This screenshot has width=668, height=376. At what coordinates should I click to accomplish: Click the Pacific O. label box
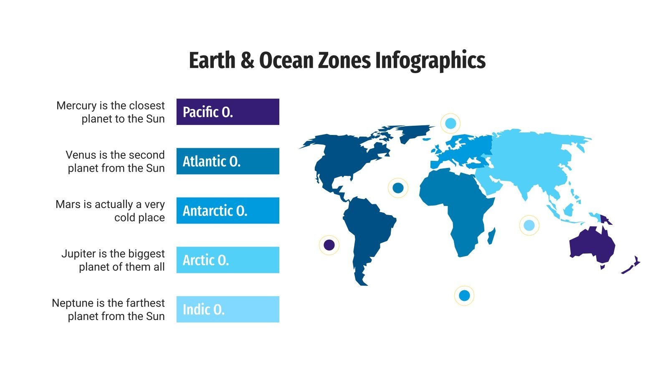228,112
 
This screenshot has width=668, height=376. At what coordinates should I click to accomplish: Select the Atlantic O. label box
228,161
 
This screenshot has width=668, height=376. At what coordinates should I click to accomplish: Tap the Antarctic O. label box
228,211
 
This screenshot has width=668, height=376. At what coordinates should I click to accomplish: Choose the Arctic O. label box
228,260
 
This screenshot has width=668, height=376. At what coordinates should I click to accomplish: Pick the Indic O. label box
228,309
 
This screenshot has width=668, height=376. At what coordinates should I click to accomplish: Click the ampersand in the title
247,61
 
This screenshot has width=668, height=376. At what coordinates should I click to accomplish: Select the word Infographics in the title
430,61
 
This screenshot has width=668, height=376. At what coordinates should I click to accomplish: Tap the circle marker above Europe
450,123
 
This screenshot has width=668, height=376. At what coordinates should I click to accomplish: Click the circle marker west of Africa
398,188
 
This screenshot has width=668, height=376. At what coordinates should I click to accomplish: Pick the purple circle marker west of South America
329,245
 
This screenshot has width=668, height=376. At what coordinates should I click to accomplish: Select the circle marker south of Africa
464,296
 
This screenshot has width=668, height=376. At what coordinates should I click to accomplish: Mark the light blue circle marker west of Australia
529,226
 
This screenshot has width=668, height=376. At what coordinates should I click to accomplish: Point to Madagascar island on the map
492,236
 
